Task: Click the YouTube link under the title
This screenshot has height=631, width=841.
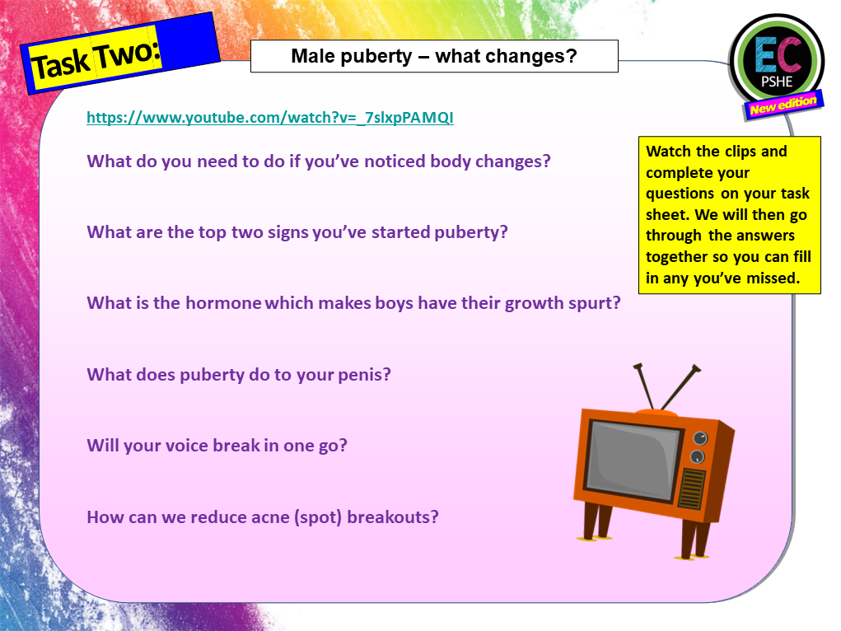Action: pyautogui.click(x=270, y=118)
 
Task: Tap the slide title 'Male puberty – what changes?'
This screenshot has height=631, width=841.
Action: pyautogui.click(x=434, y=57)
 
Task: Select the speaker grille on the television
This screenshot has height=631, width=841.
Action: pyautogui.click(x=691, y=489)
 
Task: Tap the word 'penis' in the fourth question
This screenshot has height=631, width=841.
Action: pyautogui.click(x=364, y=375)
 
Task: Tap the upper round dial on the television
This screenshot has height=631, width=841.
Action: pyautogui.click(x=700, y=438)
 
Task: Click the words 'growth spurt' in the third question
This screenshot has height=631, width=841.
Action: pyautogui.click(x=570, y=303)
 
